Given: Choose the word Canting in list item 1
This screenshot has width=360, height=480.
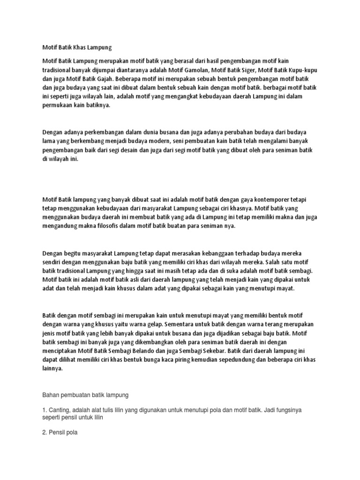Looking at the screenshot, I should click(x=60, y=410).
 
